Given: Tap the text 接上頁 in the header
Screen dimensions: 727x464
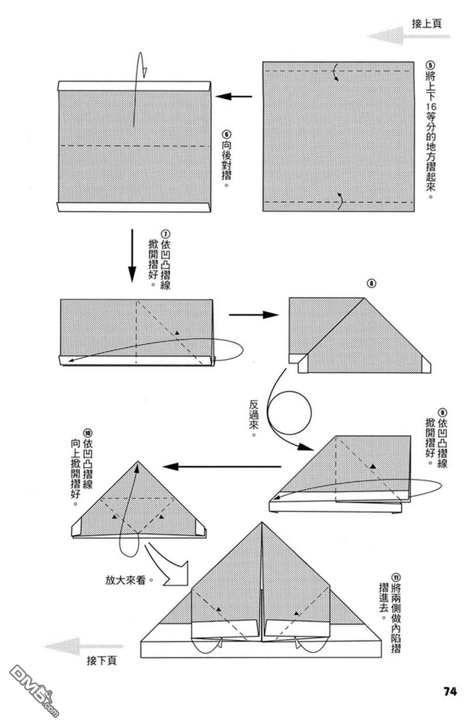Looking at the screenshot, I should (426, 24).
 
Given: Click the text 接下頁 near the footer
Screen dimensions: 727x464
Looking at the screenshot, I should (102, 661).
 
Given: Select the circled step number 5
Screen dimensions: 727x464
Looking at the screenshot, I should (430, 65).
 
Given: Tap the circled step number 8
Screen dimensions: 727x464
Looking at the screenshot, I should (372, 283).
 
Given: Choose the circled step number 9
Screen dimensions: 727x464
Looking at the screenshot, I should (442, 412).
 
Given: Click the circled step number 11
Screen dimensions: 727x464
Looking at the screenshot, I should (395, 577).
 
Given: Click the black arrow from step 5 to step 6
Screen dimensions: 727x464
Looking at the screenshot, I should (233, 97).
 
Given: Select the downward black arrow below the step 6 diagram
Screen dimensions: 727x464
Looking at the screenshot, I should (132, 255).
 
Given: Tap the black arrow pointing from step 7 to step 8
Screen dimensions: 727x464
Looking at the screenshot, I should (253, 315).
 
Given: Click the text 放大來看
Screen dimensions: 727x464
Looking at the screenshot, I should (127, 580).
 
